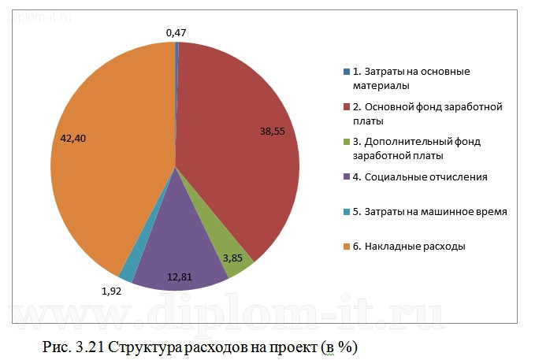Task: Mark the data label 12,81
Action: (178, 276)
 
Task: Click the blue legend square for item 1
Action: (346, 72)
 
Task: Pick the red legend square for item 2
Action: (346, 106)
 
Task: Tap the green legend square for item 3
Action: (346, 142)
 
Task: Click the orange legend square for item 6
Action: (346, 247)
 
